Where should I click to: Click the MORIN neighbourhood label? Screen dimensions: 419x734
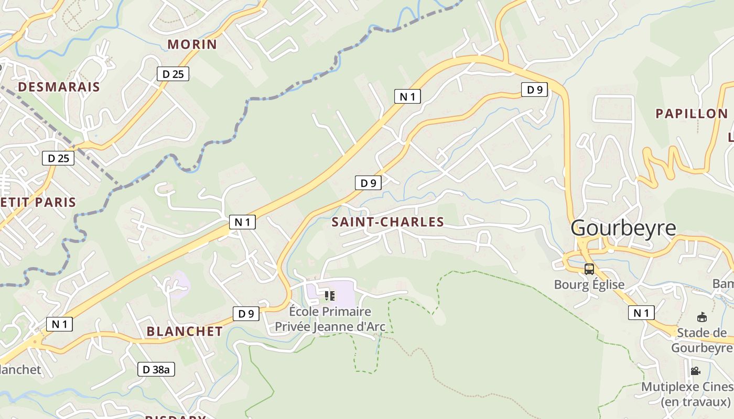click(x=192, y=45)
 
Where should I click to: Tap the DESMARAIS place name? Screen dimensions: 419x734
click(x=59, y=87)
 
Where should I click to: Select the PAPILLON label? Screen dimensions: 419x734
click(x=692, y=114)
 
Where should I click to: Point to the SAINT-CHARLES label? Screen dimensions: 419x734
click(x=387, y=222)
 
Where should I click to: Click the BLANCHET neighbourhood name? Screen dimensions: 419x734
click(x=185, y=332)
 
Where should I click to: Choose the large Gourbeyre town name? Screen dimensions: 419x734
click(x=623, y=228)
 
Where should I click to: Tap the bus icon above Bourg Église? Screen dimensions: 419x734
click(x=589, y=269)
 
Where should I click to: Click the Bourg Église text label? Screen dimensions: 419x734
click(x=589, y=285)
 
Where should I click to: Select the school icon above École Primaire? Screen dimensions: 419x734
click(x=330, y=296)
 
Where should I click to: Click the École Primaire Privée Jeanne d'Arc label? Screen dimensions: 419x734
click(x=330, y=319)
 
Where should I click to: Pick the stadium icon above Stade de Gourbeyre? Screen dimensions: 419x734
click(x=701, y=317)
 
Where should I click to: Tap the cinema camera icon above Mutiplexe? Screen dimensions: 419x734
click(x=695, y=371)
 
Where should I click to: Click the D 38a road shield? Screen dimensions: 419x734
click(x=156, y=369)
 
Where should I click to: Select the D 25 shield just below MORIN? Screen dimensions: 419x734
click(x=172, y=74)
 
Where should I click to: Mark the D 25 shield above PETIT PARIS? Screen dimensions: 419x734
click(x=58, y=158)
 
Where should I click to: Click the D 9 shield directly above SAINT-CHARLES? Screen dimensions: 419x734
click(x=368, y=183)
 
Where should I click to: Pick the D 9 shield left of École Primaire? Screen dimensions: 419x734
click(x=246, y=314)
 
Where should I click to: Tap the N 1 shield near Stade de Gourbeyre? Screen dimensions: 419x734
click(x=641, y=313)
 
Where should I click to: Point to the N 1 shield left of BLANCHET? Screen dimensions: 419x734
click(x=59, y=324)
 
